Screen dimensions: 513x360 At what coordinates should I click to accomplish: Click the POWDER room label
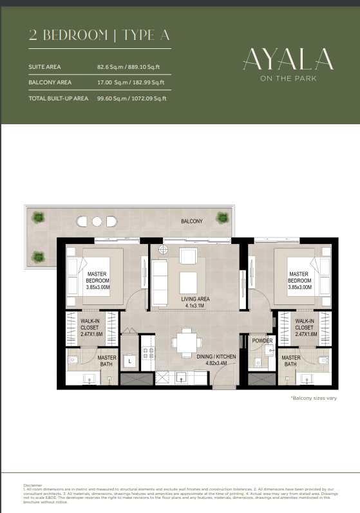tap(262, 340)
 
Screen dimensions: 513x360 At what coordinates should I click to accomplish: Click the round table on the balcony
tap(97, 221)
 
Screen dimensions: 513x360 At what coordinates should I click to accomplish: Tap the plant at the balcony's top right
tap(222, 218)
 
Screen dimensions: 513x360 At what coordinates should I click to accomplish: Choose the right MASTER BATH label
tap(290, 362)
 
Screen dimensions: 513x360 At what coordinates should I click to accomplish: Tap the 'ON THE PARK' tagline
tap(288, 79)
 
